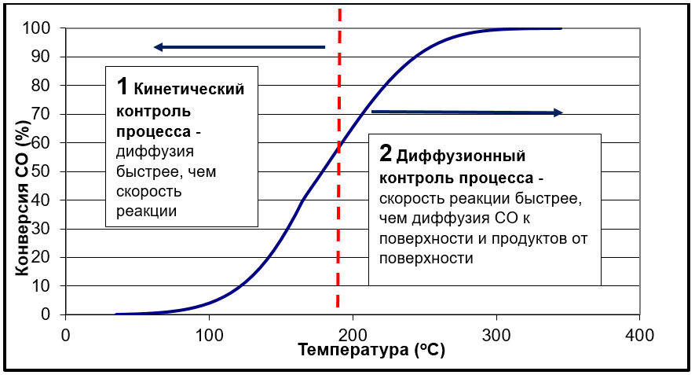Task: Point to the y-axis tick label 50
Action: [44, 171]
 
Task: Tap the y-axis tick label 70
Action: [44, 114]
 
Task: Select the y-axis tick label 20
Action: [44, 257]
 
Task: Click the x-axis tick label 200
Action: [352, 333]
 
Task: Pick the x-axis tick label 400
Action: [639, 333]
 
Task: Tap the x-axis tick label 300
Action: [496, 333]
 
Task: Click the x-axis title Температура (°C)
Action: [371, 351]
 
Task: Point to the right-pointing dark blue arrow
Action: [466, 112]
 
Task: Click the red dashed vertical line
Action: [338, 236]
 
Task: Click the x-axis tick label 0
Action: [66, 333]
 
